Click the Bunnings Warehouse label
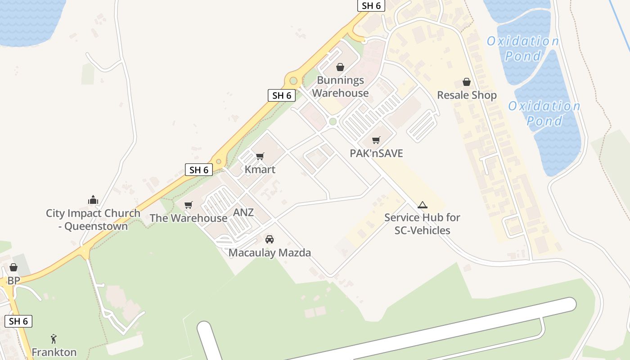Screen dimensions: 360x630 [x=340, y=87]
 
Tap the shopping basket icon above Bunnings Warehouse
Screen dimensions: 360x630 [x=340, y=67]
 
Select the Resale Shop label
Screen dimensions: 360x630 [x=467, y=95]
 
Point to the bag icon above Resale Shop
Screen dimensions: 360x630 [x=467, y=82]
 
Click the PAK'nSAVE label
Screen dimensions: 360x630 [x=376, y=153]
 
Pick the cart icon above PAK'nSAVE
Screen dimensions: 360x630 [x=376, y=140]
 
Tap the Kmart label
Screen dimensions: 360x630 [x=260, y=170]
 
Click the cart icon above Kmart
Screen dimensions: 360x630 [x=260, y=156]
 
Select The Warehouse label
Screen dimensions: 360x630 [x=188, y=218]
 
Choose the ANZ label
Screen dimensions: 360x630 [x=243, y=212]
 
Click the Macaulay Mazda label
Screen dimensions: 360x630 [x=270, y=253]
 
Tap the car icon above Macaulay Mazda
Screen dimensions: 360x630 [x=270, y=239]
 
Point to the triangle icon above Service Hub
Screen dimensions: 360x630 [x=422, y=205]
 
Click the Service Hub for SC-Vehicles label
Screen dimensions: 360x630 [x=422, y=224]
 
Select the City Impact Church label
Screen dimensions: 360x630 [x=93, y=220]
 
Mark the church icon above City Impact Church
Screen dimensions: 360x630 [x=93, y=200]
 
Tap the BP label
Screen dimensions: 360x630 [x=13, y=281]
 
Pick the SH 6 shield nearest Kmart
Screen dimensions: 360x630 [x=198, y=170]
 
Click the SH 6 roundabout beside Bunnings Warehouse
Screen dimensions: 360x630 [x=293, y=81]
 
